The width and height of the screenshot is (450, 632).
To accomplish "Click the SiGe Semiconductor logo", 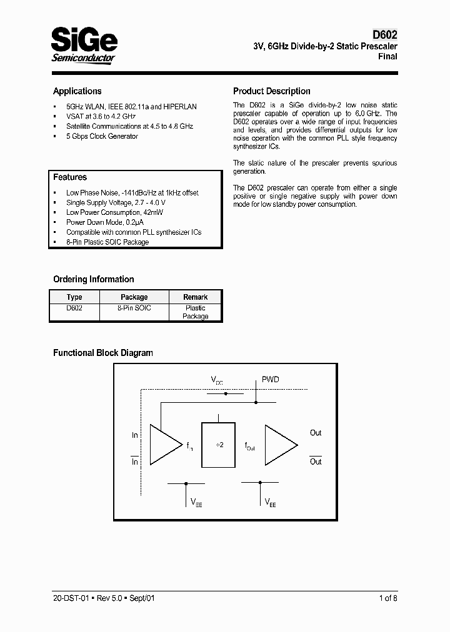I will tap(84, 45).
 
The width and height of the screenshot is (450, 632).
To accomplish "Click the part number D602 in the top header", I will tap(384, 36).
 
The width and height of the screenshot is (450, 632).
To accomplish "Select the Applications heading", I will tap(77, 91).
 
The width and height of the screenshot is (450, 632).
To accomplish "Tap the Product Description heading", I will tap(271, 91).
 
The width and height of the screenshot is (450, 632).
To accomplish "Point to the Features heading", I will tap(69, 177).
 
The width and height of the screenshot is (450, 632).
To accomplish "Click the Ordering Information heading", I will tap(93, 279).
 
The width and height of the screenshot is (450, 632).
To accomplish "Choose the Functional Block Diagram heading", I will tap(102, 353).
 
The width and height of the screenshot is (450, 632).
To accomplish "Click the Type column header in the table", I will tap(74, 297).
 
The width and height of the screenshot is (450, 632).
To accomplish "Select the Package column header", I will tap(134, 297).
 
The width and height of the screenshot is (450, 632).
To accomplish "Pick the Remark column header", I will tap(195, 297).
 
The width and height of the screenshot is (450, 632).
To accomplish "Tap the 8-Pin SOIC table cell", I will tap(134, 308).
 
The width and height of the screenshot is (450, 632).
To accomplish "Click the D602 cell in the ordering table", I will tap(74, 308).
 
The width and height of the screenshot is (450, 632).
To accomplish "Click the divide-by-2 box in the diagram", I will tap(218, 444).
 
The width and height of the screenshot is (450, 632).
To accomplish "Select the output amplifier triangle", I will tap(280, 445).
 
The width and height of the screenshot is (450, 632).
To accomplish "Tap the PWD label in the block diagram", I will tap(270, 380).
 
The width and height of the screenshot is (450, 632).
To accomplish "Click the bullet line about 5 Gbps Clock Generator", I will tap(102, 136).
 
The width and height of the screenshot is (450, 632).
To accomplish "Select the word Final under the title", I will tap(387, 57).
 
